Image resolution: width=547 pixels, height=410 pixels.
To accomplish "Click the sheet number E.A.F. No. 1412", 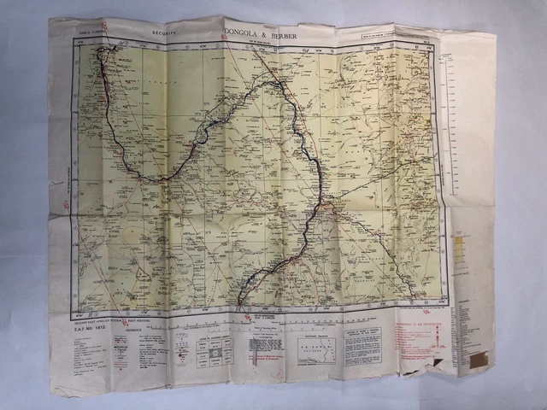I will point(95,329).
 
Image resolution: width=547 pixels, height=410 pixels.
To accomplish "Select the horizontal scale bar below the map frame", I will point(256,324).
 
